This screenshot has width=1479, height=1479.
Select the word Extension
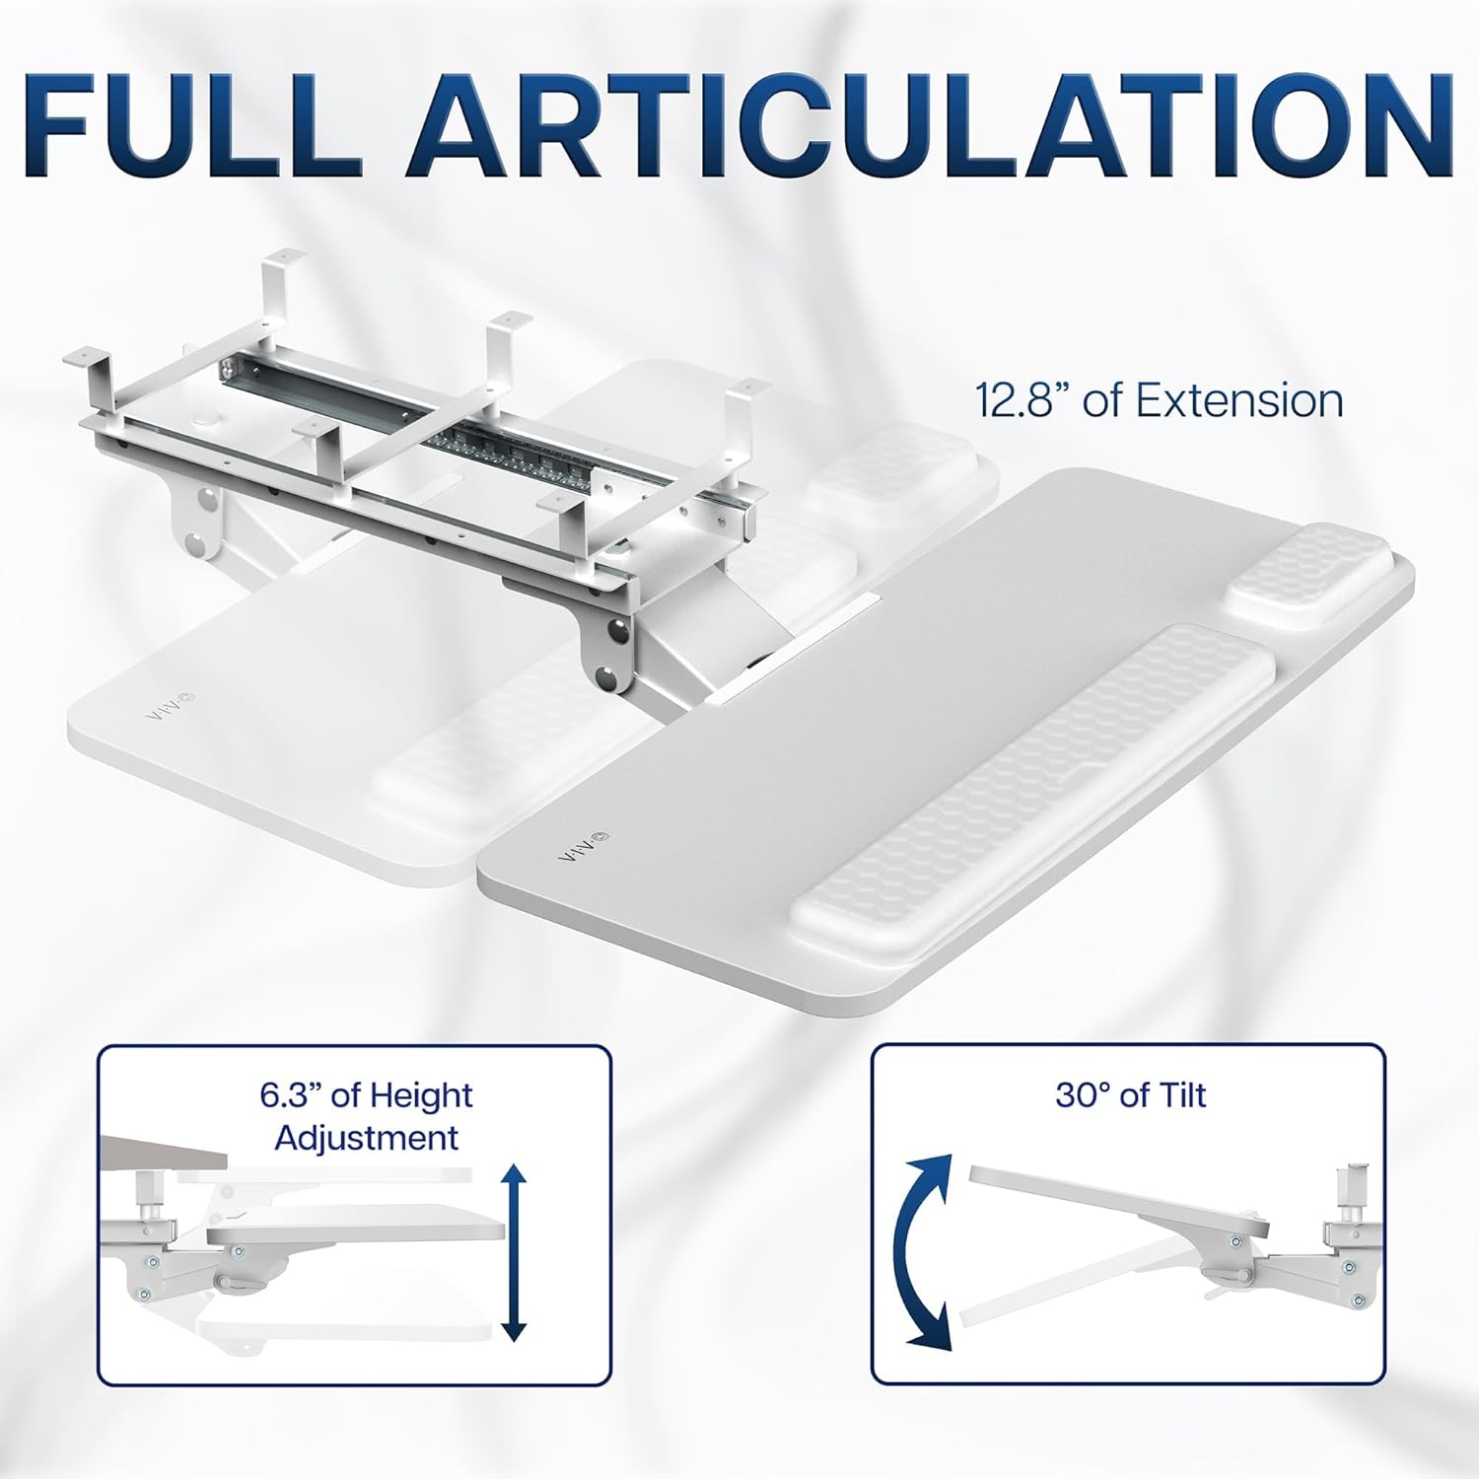(x=1239, y=401)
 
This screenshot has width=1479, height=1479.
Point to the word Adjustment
(x=367, y=1138)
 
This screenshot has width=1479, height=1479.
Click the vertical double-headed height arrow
(x=513, y=1252)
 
